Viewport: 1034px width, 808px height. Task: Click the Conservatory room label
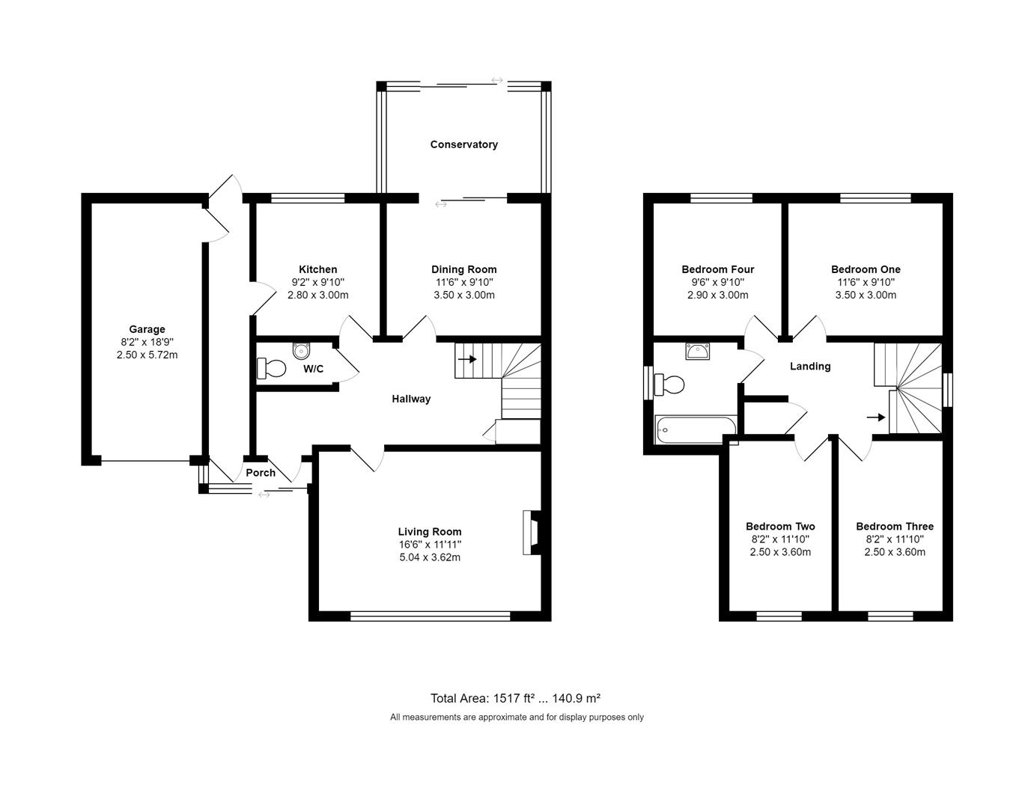(463, 144)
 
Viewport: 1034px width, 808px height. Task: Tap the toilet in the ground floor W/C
(272, 368)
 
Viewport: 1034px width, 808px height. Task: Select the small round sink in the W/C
(301, 350)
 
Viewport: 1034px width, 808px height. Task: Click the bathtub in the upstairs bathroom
(695, 429)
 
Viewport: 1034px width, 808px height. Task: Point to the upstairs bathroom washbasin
(697, 351)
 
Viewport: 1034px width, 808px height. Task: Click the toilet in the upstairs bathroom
(669, 385)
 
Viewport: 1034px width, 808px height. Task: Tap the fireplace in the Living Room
(532, 532)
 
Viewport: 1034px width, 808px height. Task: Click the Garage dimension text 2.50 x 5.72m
(147, 355)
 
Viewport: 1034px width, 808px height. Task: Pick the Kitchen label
(317, 269)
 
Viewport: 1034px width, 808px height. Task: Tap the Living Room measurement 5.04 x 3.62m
(429, 557)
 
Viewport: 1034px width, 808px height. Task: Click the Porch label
(261, 473)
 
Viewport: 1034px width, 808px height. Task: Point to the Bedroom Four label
(717, 269)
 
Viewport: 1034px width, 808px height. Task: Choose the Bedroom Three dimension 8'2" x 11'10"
(894, 539)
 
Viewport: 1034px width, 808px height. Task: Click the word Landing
(810, 366)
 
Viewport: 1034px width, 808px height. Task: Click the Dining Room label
(463, 269)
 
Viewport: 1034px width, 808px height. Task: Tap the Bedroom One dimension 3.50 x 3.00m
(866, 295)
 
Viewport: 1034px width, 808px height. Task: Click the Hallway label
(411, 399)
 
